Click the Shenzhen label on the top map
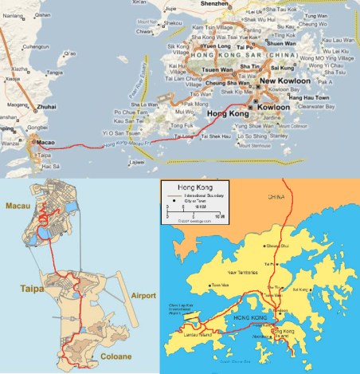[214, 4]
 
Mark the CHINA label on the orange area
[276, 195]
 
